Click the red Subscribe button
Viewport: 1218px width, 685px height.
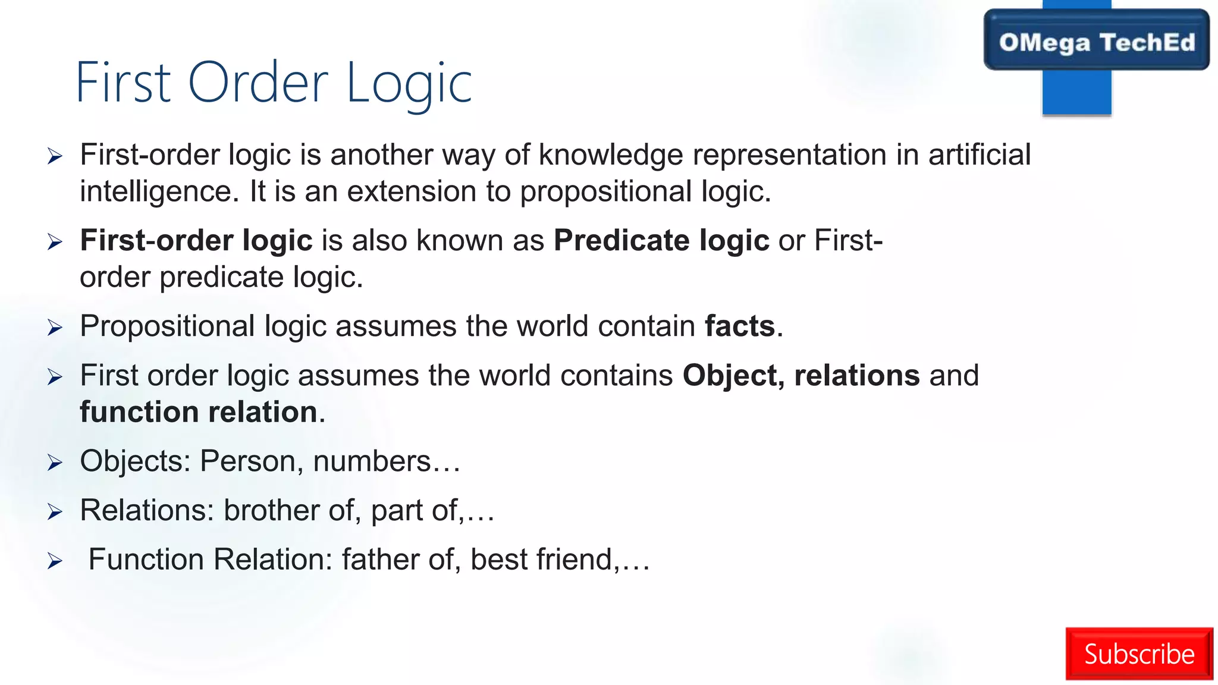[1138, 653]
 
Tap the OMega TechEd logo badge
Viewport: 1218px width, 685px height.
[1096, 42]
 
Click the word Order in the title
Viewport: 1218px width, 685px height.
[258, 83]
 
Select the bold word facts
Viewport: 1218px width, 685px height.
[740, 326]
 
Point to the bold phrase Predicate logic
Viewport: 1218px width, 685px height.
[661, 241]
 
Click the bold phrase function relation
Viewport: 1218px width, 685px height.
[199, 412]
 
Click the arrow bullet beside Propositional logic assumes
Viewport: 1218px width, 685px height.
[55, 328]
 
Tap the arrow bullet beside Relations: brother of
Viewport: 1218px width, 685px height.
[55, 512]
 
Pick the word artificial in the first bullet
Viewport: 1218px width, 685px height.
[979, 155]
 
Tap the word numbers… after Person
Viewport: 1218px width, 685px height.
[386, 461]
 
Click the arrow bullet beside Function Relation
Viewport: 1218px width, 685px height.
[55, 561]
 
